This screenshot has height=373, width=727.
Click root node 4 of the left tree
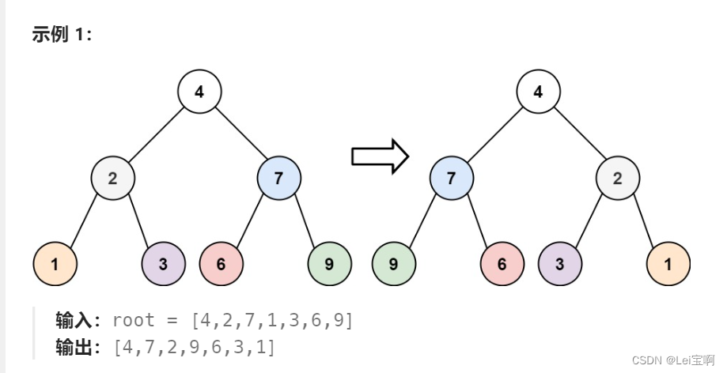[x=199, y=92]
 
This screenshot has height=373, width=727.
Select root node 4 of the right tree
[x=538, y=92]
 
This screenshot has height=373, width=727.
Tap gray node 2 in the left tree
[x=112, y=178]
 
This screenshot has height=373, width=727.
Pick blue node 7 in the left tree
[x=278, y=178]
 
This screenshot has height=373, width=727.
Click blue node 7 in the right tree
[x=451, y=178]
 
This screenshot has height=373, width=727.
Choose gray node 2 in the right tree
[x=617, y=178]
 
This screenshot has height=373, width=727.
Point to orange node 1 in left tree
[x=55, y=264]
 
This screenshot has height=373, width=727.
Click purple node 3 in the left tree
[x=163, y=264]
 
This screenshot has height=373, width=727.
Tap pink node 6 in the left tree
[x=221, y=264]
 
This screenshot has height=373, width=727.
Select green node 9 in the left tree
[x=329, y=264]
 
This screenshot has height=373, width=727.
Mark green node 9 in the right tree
[x=394, y=264]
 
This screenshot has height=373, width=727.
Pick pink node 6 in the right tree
[x=502, y=264]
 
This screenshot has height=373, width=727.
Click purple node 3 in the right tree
[x=559, y=264]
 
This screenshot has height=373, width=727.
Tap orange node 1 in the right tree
[x=668, y=264]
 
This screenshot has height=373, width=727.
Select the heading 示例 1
[x=62, y=36]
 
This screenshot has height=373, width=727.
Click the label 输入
[x=75, y=320]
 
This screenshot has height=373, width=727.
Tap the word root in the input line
[x=134, y=320]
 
